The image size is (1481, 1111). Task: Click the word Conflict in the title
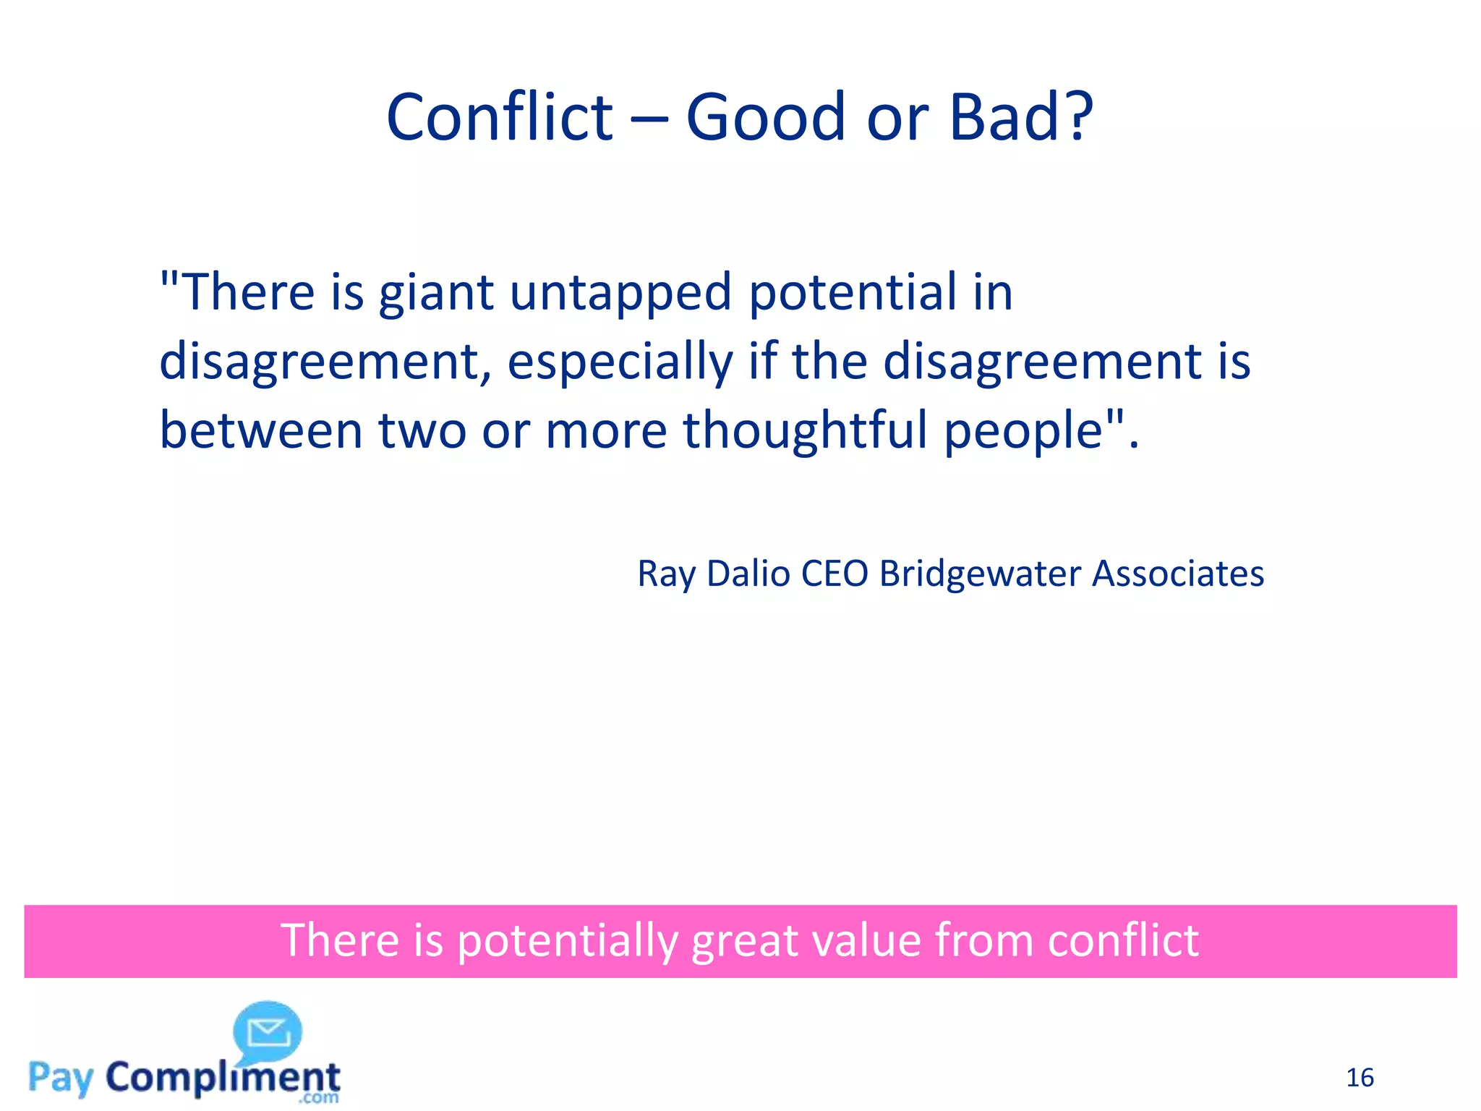(x=500, y=117)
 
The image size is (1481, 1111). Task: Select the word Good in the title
(x=765, y=117)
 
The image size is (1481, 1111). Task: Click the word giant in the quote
(x=436, y=293)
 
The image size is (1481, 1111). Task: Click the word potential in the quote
(x=852, y=293)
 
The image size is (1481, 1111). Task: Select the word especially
(x=620, y=362)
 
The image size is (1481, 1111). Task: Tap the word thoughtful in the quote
(x=805, y=430)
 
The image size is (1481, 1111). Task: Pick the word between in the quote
(x=261, y=430)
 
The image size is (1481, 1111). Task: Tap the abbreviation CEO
(x=835, y=574)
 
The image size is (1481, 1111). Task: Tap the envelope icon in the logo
(x=268, y=1032)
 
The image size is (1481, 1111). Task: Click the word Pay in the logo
(x=61, y=1078)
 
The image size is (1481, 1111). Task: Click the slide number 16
(x=1360, y=1078)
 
